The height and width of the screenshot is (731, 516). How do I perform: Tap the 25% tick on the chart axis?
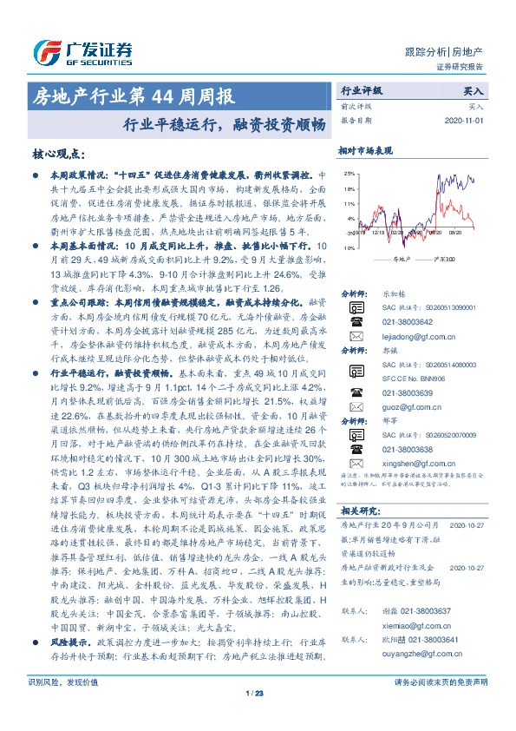(348, 173)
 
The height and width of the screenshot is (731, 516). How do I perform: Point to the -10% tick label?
(347, 248)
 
